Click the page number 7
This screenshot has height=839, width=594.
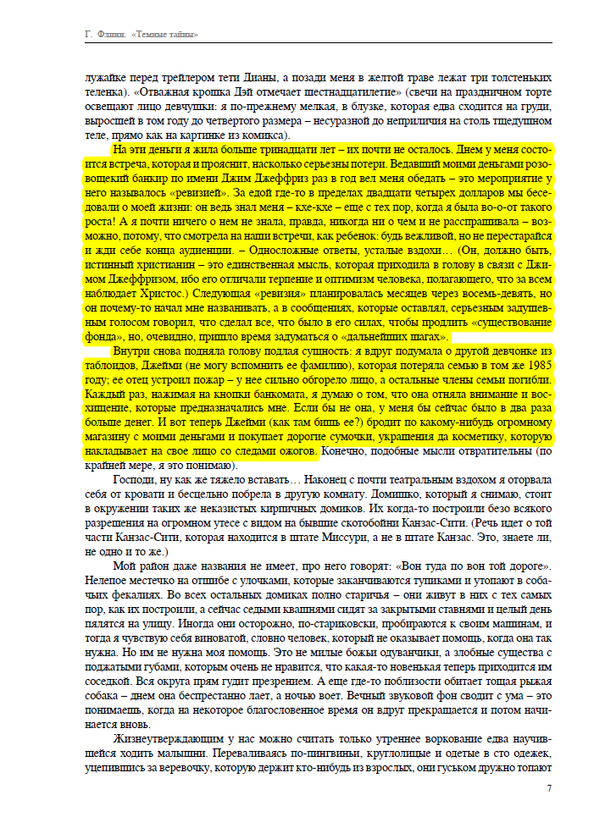pos(549,788)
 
